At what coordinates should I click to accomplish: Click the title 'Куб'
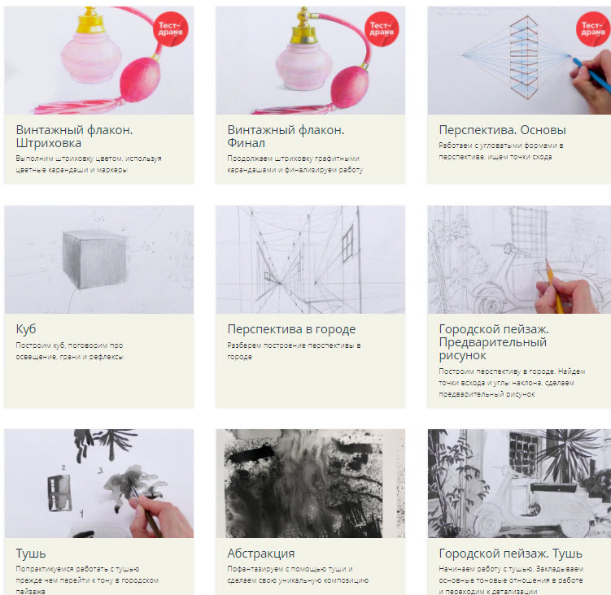tap(26, 329)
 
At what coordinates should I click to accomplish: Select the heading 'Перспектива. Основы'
tap(502, 130)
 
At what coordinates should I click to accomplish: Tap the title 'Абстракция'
tap(261, 553)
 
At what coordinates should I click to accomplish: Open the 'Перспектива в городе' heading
tap(291, 329)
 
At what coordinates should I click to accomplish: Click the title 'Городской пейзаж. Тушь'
tap(510, 553)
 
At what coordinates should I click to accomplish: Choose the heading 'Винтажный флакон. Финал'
tap(286, 137)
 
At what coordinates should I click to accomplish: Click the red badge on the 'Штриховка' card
tap(171, 29)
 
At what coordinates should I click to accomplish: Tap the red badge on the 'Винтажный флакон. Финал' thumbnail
tap(382, 29)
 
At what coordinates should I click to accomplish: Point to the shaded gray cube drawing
tap(94, 259)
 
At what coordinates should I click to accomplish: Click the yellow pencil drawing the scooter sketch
tap(555, 286)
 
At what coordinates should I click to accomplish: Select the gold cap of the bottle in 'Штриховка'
tap(91, 20)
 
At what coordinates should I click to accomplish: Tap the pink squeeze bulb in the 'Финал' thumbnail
tap(349, 87)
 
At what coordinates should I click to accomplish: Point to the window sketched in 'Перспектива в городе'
tap(347, 244)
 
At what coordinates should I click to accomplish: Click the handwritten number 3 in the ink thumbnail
tap(100, 471)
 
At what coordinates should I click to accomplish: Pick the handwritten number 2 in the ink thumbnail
tap(63, 467)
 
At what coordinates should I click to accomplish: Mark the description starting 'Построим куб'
tap(69, 351)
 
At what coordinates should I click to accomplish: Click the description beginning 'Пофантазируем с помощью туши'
tap(298, 575)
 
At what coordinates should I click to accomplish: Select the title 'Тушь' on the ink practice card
tap(31, 553)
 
